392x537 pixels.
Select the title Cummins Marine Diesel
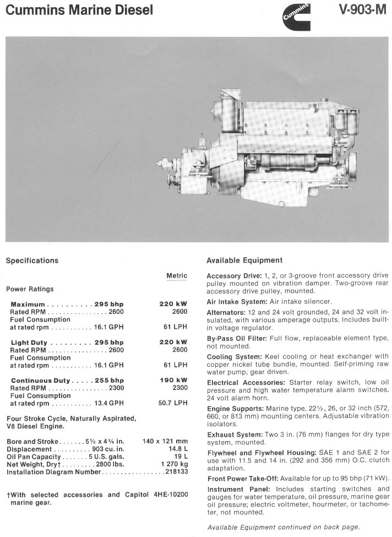coord(80,10)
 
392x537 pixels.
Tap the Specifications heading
coord(32,261)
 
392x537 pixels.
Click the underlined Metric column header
coord(177,275)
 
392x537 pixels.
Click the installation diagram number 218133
coord(176,472)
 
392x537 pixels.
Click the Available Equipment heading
coord(244,261)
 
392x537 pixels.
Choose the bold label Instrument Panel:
coord(238,489)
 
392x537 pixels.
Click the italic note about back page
coord(284,527)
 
